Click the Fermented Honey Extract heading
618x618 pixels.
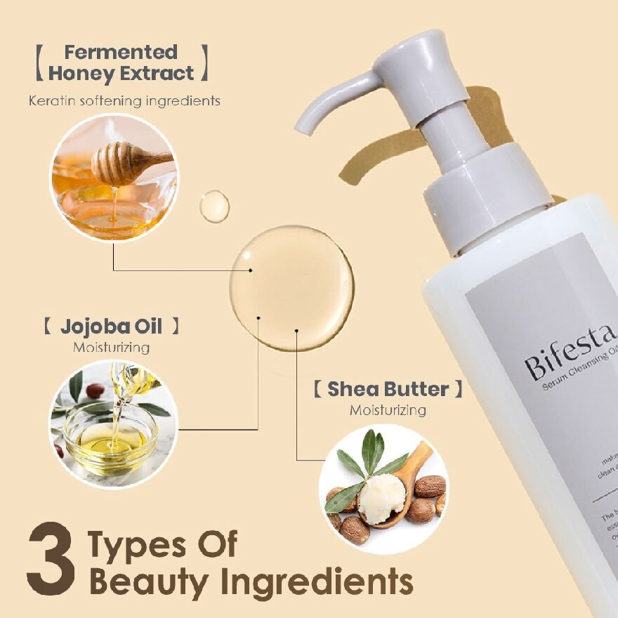coord(121,63)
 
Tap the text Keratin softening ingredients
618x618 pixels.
coord(124,101)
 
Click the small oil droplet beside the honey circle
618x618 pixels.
coord(214,206)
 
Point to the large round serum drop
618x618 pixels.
coord(291,288)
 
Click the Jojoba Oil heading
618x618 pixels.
coord(111,327)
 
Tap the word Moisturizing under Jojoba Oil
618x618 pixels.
coord(111,347)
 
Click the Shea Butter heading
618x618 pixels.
coord(388,389)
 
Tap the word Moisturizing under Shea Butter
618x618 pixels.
coord(388,409)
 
